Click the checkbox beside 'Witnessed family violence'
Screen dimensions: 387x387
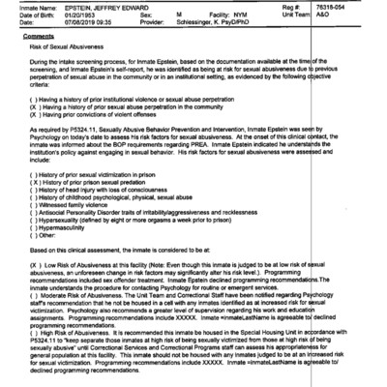pos(35,206)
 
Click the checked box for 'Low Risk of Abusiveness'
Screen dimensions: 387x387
pos(35,264)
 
